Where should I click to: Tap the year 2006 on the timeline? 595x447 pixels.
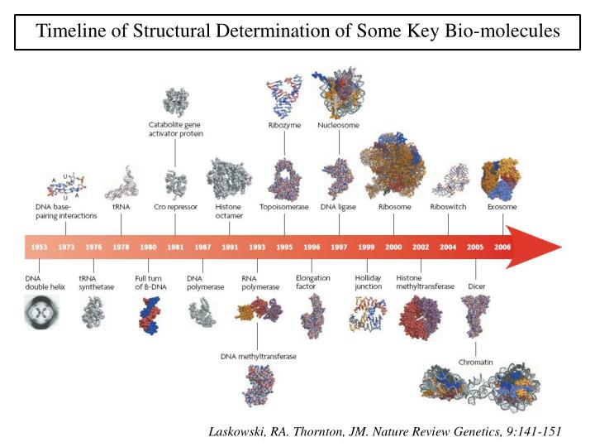pos(502,247)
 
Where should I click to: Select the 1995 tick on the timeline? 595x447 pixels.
pos(283,247)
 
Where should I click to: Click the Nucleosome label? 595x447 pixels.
pos(337,127)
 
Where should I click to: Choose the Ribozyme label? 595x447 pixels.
pos(283,127)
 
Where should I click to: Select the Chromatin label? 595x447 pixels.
pos(475,361)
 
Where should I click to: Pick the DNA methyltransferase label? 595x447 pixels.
pos(258,357)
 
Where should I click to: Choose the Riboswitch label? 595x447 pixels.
pos(447,207)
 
